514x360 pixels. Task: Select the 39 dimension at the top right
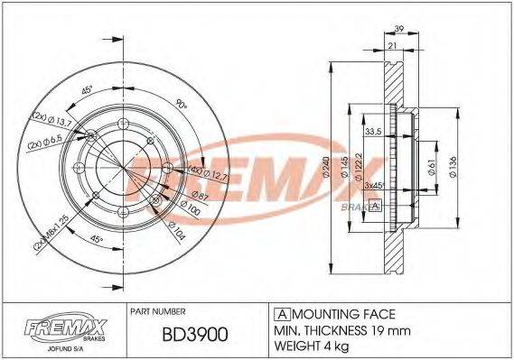click(x=400, y=28)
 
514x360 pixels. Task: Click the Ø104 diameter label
click(x=177, y=234)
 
